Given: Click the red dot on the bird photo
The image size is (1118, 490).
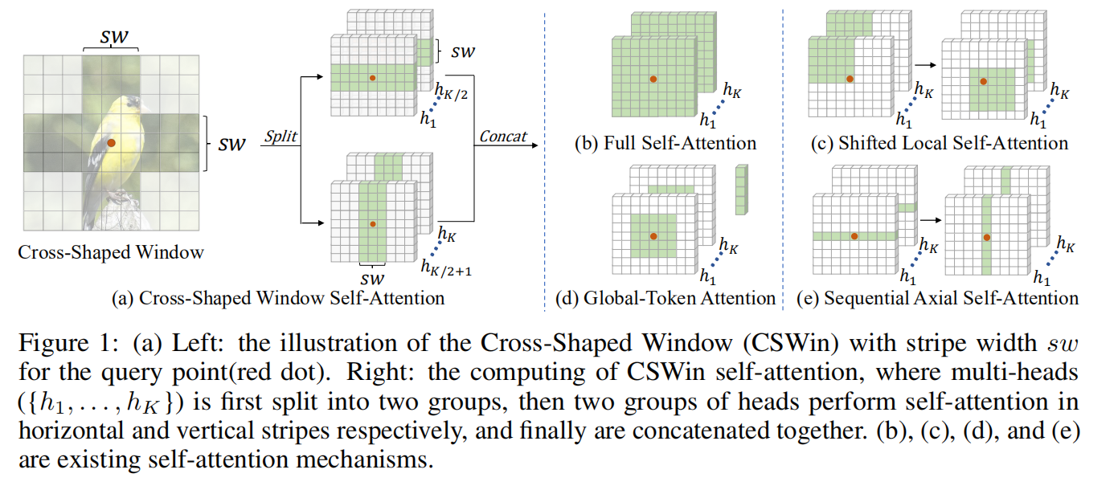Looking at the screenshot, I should click(x=112, y=142).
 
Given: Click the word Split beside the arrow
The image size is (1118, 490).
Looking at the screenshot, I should click(x=281, y=137).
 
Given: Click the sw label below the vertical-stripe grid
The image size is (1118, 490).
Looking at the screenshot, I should click(x=371, y=279).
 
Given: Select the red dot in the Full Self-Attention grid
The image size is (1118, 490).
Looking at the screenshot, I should click(x=653, y=80).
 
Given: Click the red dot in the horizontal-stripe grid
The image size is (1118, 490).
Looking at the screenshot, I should click(x=371, y=78).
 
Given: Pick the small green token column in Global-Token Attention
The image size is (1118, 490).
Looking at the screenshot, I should click(x=740, y=190).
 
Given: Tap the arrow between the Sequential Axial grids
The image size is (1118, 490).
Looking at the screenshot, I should click(x=929, y=218).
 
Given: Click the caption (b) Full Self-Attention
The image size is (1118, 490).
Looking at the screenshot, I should click(x=665, y=145).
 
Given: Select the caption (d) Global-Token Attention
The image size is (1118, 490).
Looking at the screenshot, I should click(x=665, y=299).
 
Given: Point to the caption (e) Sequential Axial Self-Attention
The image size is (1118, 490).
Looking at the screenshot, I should click(x=936, y=299).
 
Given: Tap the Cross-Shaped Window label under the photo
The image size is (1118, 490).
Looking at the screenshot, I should click(x=111, y=252).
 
